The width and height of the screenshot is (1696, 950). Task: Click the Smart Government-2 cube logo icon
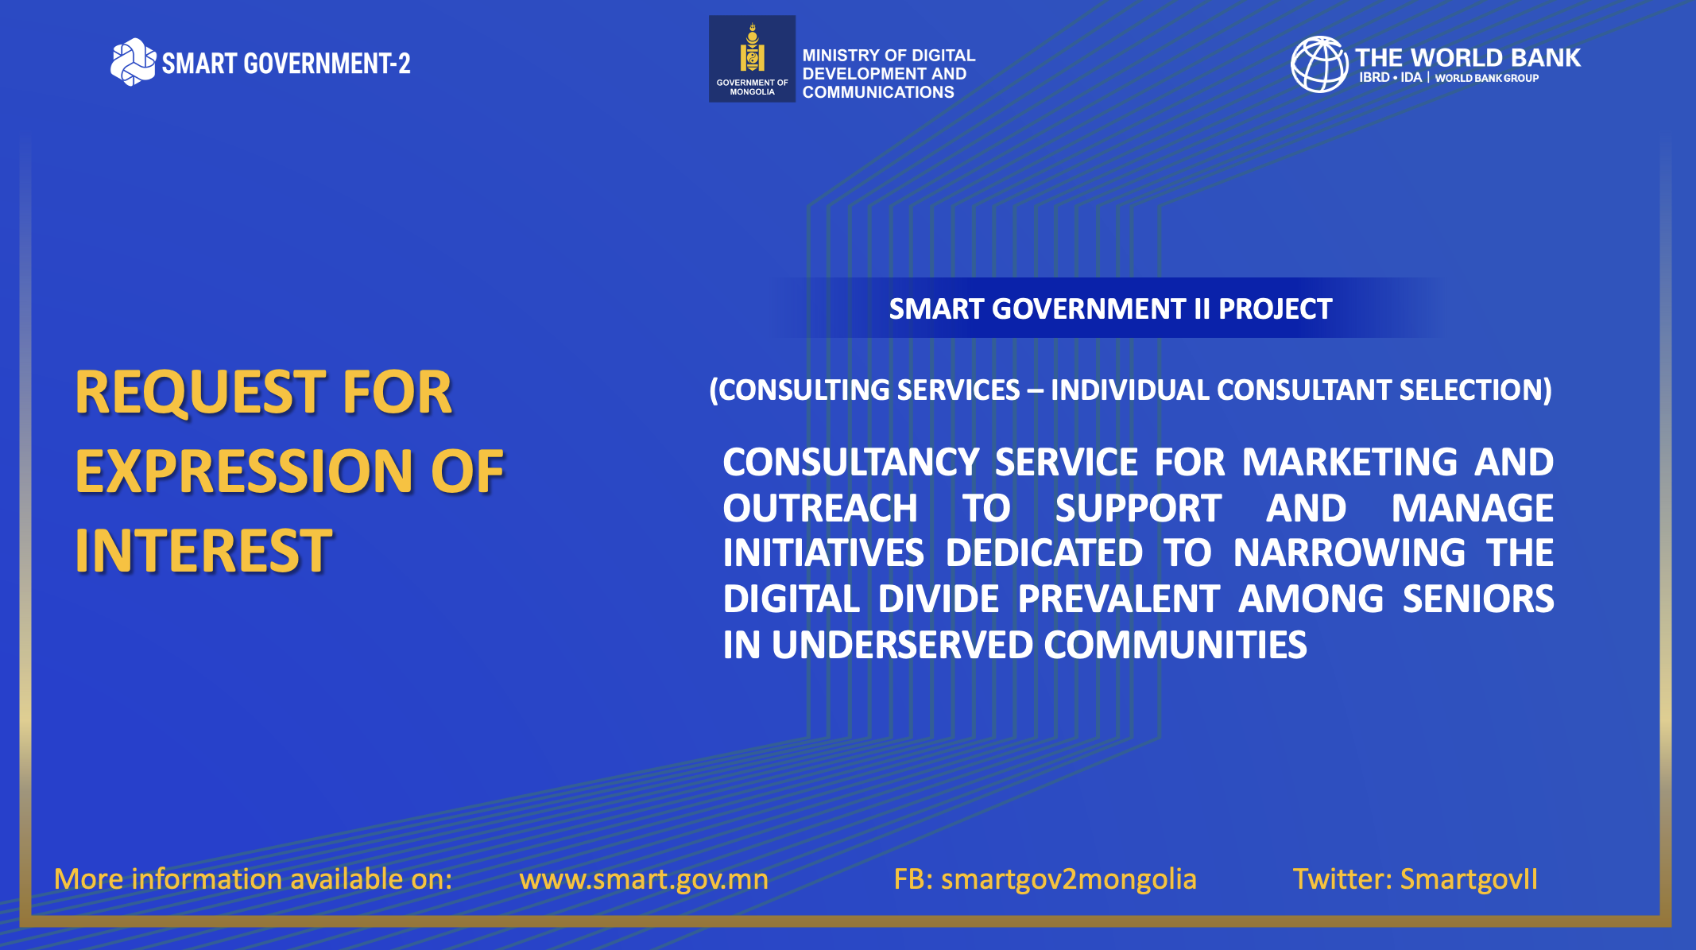[133, 62]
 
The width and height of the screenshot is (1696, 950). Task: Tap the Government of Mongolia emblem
[752, 59]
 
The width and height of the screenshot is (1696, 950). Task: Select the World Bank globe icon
[1319, 64]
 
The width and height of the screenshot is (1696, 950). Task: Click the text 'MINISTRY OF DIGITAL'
[889, 56]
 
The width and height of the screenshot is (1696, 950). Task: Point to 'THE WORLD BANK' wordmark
[1468, 57]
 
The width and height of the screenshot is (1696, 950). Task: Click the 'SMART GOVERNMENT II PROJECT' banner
[1110, 308]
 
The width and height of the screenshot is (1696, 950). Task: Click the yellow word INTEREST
[203, 551]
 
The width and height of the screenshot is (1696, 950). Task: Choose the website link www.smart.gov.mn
[644, 879]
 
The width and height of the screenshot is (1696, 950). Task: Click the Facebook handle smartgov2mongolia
[1069, 879]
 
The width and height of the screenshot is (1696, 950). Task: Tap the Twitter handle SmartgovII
[1469, 879]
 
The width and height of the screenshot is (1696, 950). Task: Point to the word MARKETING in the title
[1349, 462]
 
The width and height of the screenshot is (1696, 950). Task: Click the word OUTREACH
[820, 508]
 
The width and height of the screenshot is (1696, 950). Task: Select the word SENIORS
[1478, 599]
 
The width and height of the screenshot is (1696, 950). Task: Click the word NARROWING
[1349, 553]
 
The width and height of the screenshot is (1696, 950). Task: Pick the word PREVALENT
[1118, 599]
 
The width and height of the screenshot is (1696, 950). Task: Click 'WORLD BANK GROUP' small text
[1487, 78]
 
